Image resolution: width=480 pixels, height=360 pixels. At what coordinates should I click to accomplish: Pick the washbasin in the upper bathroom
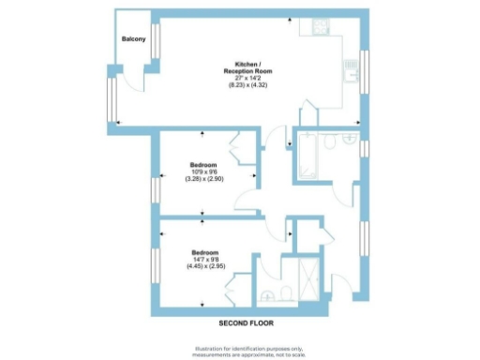click(351, 143)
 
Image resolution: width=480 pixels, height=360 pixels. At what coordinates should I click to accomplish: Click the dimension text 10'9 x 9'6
click(203, 172)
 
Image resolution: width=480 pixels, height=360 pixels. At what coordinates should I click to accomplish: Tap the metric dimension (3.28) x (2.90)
click(203, 179)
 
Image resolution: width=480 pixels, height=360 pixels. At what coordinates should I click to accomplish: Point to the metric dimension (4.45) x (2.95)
click(204, 268)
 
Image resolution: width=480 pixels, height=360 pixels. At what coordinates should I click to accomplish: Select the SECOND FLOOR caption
click(245, 323)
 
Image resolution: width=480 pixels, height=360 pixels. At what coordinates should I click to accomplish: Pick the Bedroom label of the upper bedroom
click(203, 164)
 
